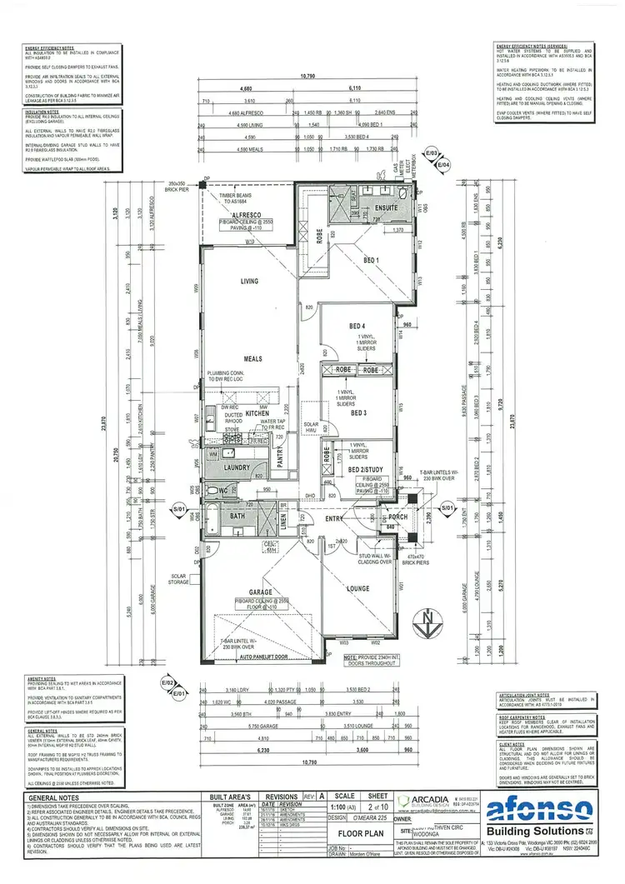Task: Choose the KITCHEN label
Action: point(254,412)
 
